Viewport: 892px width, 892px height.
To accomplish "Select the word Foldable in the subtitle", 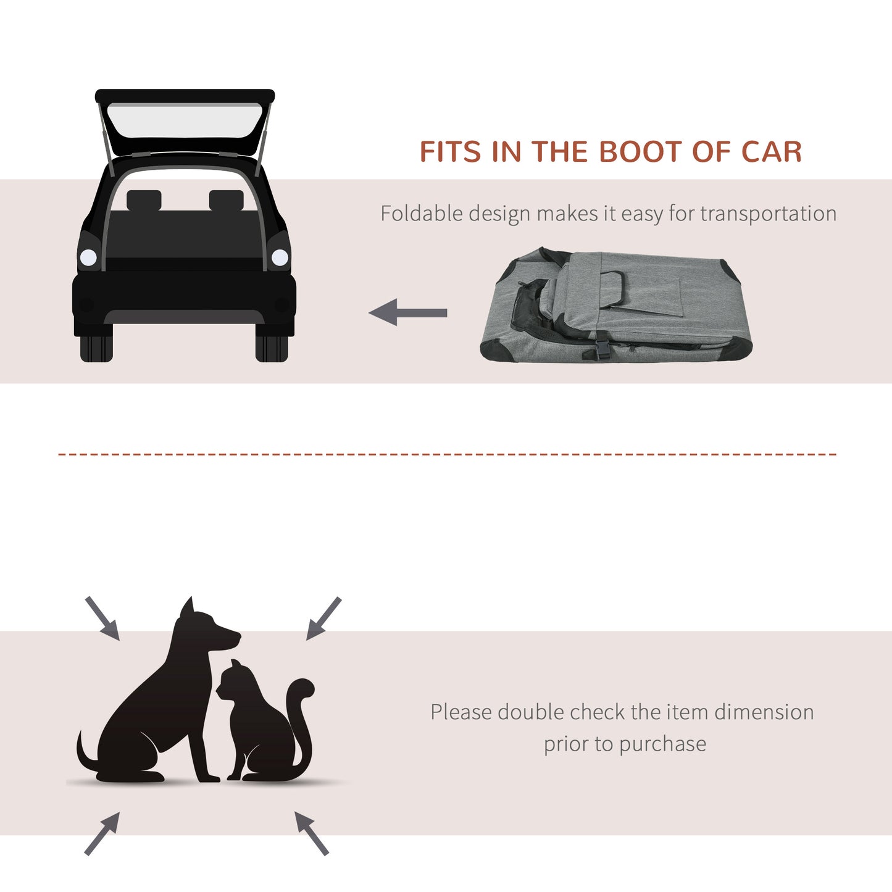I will coord(422,214).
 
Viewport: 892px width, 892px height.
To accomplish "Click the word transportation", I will coord(768,214).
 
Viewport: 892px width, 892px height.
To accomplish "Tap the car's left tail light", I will coord(88,257).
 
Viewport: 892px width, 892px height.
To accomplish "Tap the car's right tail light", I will coord(280,257).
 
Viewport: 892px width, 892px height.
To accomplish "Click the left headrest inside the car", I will coord(144,200).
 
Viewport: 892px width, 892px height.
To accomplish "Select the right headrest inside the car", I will coord(226,200).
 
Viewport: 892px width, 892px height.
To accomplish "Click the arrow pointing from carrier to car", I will coord(407,312).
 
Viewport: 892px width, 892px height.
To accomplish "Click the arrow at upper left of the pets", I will coord(102,618).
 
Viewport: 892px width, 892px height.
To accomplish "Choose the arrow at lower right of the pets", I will coord(311,833).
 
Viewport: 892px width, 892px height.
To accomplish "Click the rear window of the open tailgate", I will coord(185,121).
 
